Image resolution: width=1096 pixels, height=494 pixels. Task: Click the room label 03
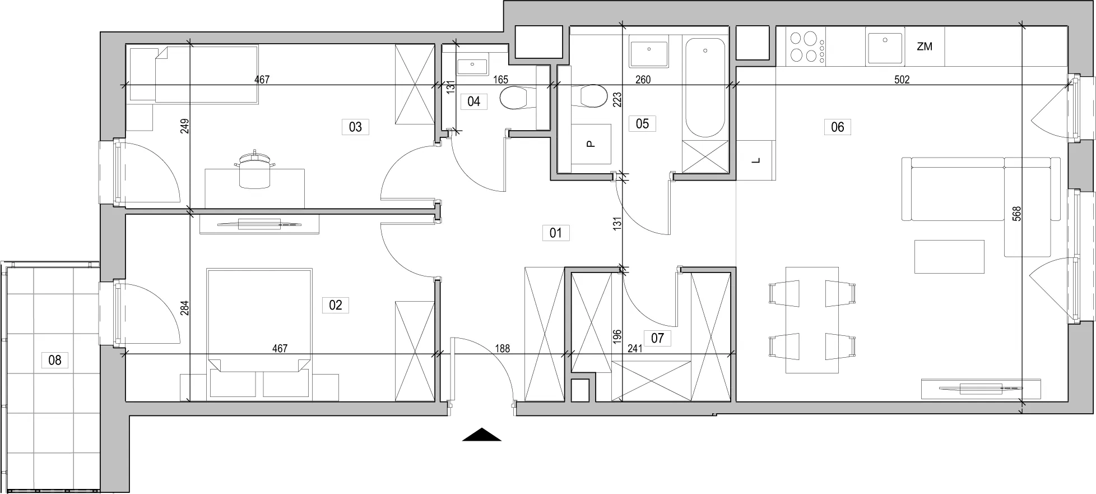[x=355, y=127]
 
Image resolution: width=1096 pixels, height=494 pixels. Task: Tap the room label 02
[x=335, y=305]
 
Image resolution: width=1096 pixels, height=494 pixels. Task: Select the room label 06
[x=837, y=127]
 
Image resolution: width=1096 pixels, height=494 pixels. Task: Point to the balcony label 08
[x=54, y=359]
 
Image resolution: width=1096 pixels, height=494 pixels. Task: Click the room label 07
[x=657, y=338]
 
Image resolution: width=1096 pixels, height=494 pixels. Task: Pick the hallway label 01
[x=556, y=233]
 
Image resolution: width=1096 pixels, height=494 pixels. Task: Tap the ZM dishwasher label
[x=925, y=47]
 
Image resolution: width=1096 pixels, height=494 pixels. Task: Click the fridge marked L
[x=756, y=160]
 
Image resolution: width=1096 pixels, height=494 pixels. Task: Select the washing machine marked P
[x=591, y=144]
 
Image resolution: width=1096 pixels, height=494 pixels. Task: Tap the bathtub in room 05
[x=705, y=87]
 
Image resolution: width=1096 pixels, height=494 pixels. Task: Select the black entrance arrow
[x=481, y=435]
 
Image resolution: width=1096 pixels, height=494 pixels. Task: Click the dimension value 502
[x=902, y=80]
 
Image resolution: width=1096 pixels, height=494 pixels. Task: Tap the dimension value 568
[x=1017, y=214]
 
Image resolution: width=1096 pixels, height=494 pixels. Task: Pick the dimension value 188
[x=502, y=349]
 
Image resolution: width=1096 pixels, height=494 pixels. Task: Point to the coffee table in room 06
[x=949, y=257]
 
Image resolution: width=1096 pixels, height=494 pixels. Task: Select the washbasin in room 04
[x=472, y=66]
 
